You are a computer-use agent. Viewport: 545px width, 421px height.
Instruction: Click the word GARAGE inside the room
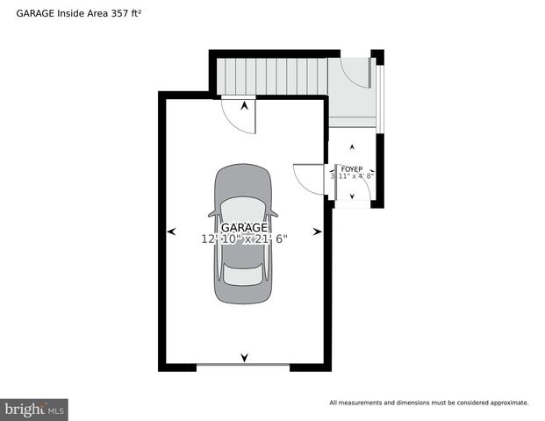coord(244,228)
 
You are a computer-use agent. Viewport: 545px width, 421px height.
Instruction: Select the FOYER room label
coord(352,168)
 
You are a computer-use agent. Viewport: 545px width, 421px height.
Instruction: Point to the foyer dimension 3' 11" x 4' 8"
coord(352,176)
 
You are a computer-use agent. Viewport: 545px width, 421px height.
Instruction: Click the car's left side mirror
coord(212,212)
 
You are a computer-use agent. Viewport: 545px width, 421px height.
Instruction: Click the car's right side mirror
coord(275,212)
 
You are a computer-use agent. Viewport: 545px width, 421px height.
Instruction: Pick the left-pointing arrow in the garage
coord(171,231)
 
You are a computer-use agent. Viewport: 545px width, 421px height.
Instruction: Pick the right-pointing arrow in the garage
coord(318,231)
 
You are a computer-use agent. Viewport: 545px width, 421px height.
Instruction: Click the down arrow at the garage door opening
coord(244,357)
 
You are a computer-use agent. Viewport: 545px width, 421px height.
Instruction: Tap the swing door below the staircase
coord(239,115)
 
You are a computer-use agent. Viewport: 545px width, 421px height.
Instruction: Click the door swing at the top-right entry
coord(357,74)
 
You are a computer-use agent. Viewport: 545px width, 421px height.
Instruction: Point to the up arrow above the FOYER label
coord(352,146)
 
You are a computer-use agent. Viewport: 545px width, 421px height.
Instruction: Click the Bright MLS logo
coord(34,409)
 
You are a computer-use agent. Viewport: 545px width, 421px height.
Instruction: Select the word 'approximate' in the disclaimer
coord(506,403)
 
